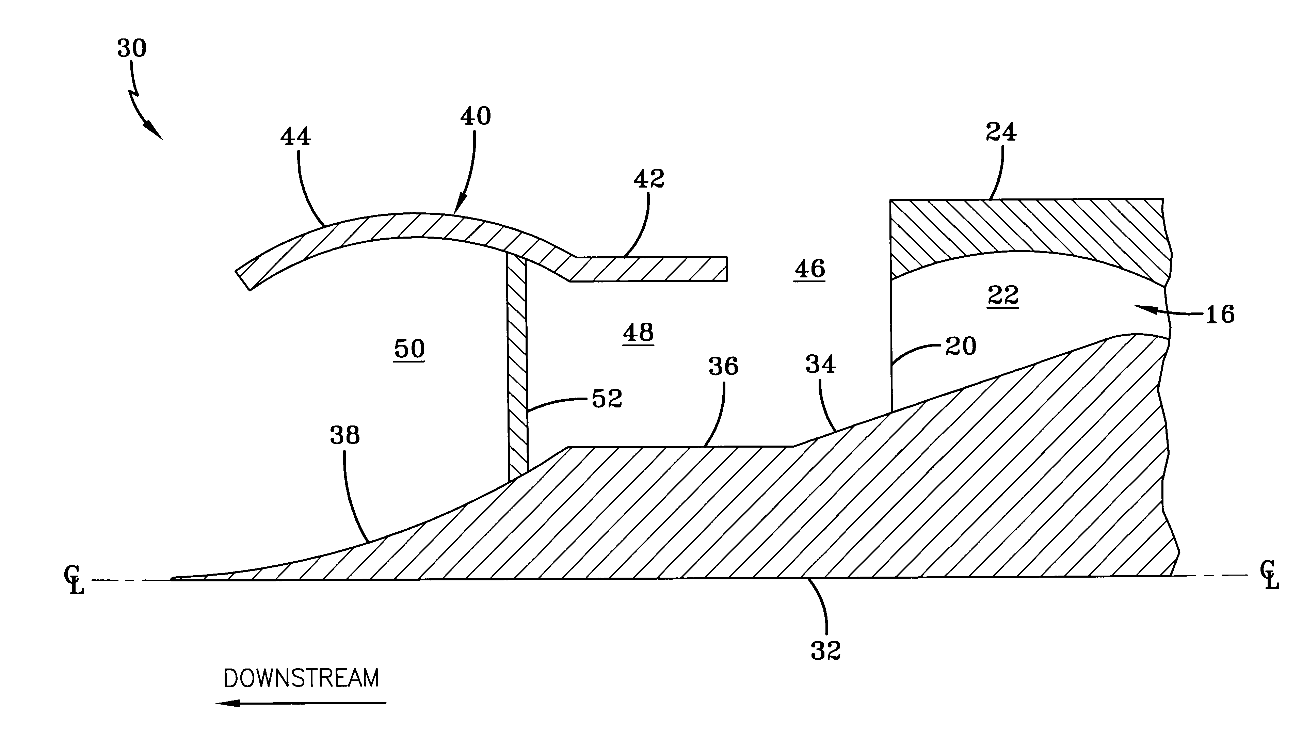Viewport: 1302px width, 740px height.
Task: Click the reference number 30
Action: (132, 48)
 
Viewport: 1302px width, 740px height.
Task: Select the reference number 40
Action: (475, 116)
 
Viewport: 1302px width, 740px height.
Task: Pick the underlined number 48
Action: (638, 333)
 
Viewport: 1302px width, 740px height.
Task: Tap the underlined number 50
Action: (409, 349)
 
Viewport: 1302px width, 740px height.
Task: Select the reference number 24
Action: (1001, 132)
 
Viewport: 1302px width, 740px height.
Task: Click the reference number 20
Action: (961, 347)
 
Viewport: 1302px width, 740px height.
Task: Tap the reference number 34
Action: (820, 365)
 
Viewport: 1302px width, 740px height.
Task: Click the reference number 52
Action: (607, 399)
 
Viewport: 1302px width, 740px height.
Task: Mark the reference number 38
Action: (344, 436)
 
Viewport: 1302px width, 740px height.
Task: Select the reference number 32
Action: (825, 650)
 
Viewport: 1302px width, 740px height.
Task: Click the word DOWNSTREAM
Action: (301, 678)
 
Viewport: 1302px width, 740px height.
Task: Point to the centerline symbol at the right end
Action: (1269, 575)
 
